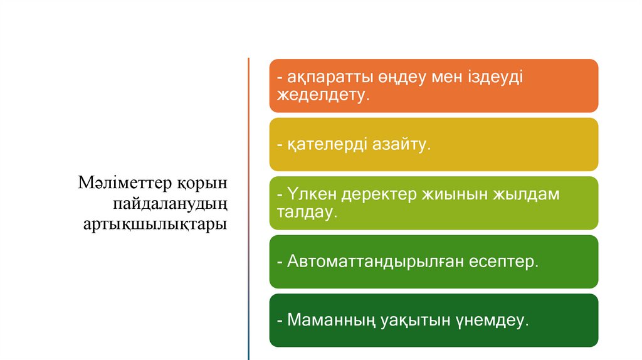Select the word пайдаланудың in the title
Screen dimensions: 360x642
coord(169,204)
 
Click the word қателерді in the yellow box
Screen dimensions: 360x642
coord(328,144)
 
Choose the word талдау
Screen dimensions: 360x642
coord(307,213)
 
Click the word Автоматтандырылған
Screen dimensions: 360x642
coord(375,262)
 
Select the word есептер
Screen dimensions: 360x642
coord(503,262)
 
